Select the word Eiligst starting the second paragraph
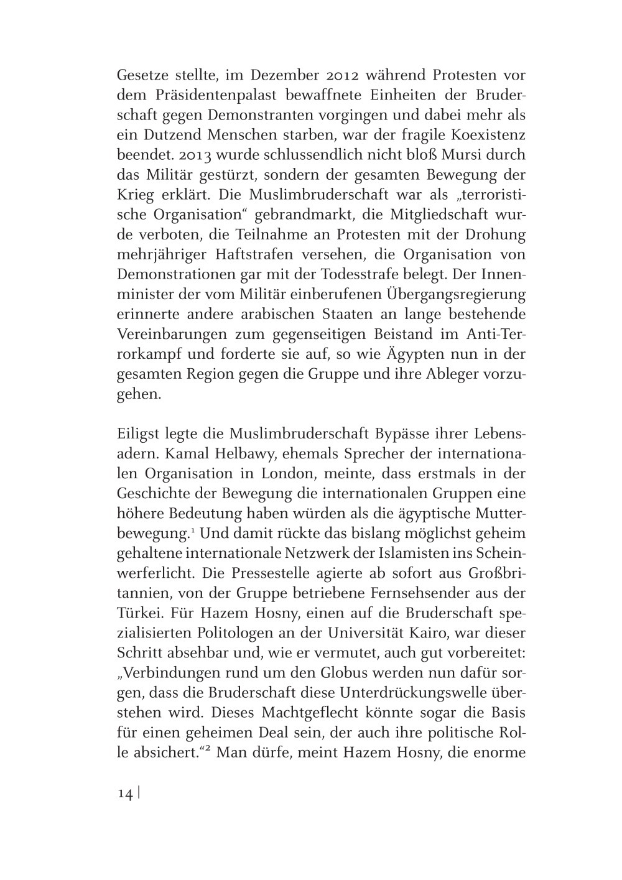click(x=139, y=434)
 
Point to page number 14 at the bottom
click(x=125, y=794)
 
